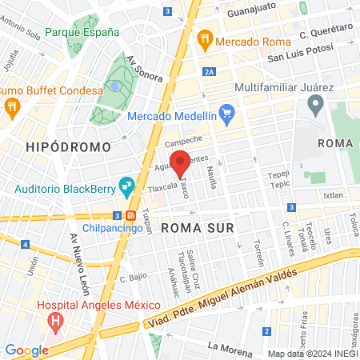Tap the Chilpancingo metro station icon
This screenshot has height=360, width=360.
point(130,215)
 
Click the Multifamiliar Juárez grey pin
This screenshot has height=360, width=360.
point(315,104)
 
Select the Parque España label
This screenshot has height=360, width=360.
point(82,33)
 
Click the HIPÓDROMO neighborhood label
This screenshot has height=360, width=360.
point(62,147)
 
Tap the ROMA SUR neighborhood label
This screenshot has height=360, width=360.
point(198,228)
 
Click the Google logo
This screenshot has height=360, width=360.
point(26,350)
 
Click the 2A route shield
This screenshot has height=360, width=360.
point(210,72)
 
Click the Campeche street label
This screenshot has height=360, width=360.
point(183,142)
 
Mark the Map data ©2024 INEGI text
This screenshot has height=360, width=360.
point(312,353)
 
